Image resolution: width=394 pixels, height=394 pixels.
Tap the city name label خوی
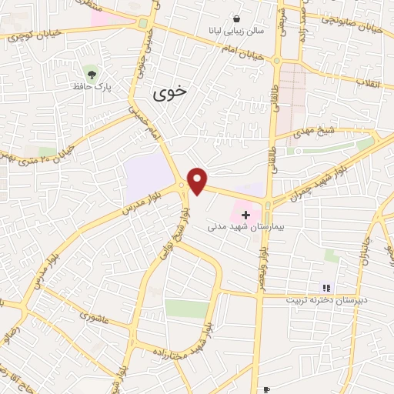click(170, 94)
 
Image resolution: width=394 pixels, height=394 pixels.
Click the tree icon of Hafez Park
click(92, 75)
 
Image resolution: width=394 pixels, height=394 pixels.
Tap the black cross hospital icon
click(245, 215)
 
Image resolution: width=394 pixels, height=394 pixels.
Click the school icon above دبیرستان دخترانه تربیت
click(325, 287)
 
